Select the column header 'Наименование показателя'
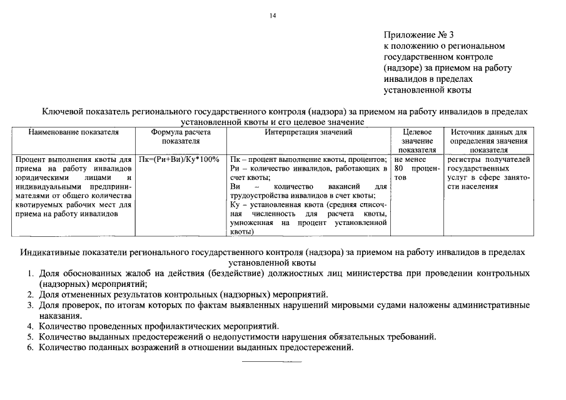click(x=73, y=132)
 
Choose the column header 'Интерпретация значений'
click(x=308, y=132)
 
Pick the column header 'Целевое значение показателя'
click(x=417, y=141)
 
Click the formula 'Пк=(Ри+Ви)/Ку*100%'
click(x=181, y=159)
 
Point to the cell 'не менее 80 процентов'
click(x=417, y=169)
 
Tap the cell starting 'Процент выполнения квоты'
click(x=73, y=187)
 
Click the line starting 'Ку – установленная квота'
click(x=308, y=205)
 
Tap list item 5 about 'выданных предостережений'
click(x=237, y=337)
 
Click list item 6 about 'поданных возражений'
click(x=196, y=347)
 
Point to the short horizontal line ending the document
click(x=271, y=362)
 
